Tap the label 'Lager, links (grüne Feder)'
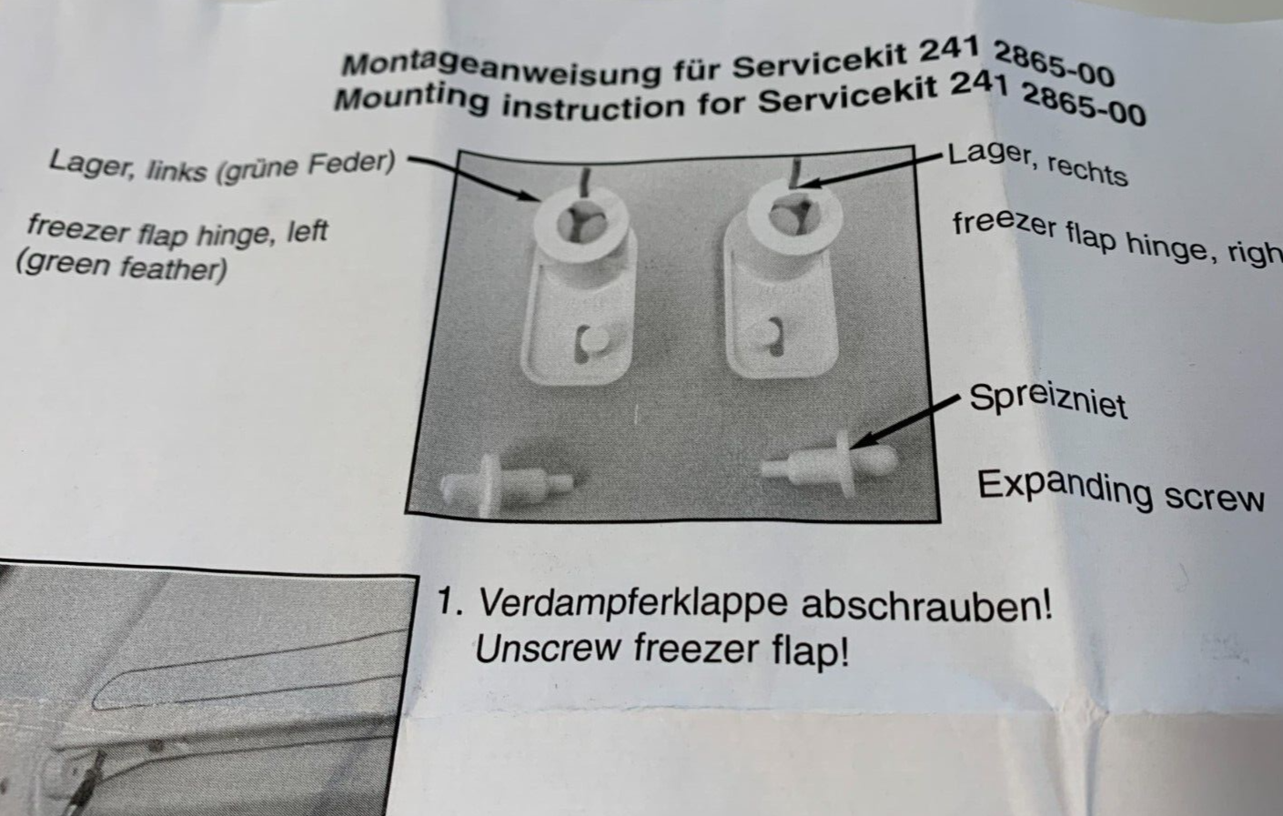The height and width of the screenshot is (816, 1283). [222, 166]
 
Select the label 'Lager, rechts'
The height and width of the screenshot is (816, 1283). [1037, 163]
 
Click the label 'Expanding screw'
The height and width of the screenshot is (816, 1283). [1120, 492]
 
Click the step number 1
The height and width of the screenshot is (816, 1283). [447, 601]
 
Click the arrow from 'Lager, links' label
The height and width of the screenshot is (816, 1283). [473, 177]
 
